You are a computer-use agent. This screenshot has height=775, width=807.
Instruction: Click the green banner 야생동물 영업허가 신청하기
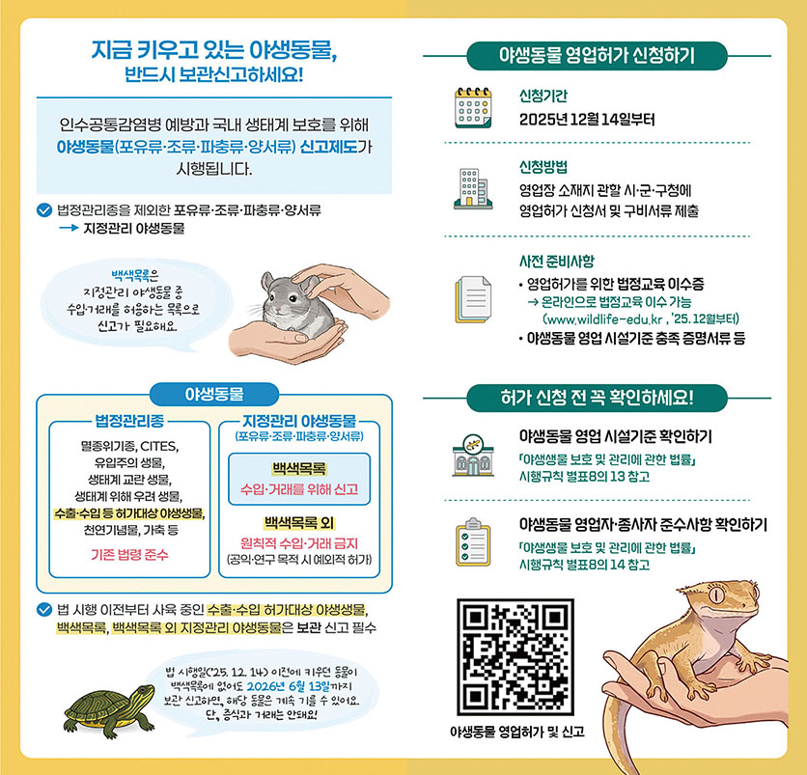(596, 55)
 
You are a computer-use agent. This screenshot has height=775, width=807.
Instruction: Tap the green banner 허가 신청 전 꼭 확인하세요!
(597, 397)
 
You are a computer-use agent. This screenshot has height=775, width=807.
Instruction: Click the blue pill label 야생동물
(213, 393)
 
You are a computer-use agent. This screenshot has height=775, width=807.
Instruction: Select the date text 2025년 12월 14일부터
(586, 121)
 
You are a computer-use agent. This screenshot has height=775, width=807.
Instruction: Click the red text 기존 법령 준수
(128, 554)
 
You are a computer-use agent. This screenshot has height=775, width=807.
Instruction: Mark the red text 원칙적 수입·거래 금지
(299, 541)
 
